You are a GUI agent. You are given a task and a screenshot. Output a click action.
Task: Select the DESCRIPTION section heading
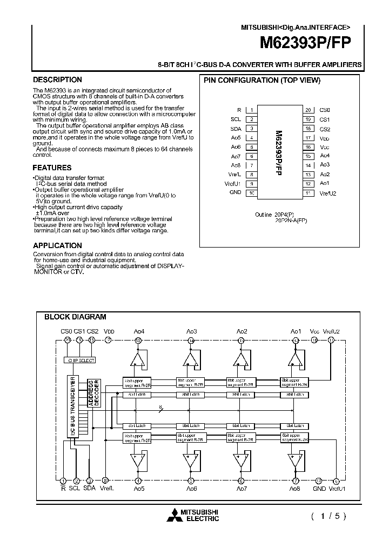(57, 80)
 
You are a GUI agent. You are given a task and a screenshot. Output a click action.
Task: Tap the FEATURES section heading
(52, 168)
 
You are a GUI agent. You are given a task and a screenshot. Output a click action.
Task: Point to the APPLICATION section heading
(57, 245)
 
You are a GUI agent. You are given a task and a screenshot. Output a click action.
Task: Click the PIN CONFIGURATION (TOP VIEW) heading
(261, 81)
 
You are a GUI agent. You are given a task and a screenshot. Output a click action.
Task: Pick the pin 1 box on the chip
(252, 110)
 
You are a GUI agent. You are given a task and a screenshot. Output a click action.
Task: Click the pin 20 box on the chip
(307, 110)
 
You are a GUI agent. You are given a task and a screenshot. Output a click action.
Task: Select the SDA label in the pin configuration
(236, 129)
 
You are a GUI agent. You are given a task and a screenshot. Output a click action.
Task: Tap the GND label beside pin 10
(236, 192)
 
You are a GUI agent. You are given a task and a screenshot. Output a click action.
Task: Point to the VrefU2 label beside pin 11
(327, 193)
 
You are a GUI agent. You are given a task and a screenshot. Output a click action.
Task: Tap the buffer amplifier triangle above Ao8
(295, 460)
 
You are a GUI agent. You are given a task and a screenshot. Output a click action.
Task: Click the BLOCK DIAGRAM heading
(75, 317)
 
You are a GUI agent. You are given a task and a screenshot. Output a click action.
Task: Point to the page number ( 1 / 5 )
(328, 516)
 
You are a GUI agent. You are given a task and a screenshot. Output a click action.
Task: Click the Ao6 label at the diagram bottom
(191, 489)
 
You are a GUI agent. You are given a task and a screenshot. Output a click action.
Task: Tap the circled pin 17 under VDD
(109, 341)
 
